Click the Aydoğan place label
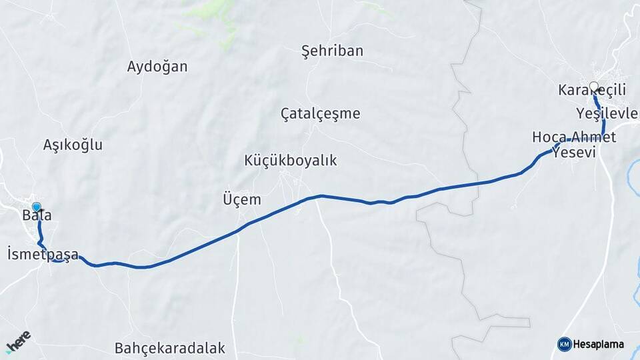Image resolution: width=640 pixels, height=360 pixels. pyautogui.click(x=157, y=67)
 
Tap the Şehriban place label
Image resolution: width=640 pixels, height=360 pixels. pyautogui.click(x=332, y=51)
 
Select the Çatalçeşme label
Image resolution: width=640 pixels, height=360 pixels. pyautogui.click(x=320, y=113)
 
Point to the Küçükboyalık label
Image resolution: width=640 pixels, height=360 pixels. pyautogui.click(x=291, y=161)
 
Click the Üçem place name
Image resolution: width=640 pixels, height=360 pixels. pyautogui.click(x=241, y=199)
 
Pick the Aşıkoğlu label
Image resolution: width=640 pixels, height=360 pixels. pyautogui.click(x=73, y=145)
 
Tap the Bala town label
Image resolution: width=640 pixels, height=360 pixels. pyautogui.click(x=37, y=215)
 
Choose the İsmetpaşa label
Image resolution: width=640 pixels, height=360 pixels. pyautogui.click(x=43, y=254)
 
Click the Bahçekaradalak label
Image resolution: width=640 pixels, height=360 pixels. pyautogui.click(x=170, y=348)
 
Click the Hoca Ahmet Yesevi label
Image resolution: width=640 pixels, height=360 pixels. pyautogui.click(x=574, y=145)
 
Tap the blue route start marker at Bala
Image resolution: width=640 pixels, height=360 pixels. pyautogui.click(x=37, y=207)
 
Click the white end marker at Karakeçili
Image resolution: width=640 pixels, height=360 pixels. pyautogui.click(x=595, y=87)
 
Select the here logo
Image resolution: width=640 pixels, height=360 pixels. pyautogui.click(x=18, y=342)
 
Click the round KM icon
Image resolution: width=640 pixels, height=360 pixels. pyautogui.click(x=565, y=344)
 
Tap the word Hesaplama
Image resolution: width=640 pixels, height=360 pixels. pyautogui.click(x=599, y=344)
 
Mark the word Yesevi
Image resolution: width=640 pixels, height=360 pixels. pyautogui.click(x=573, y=153)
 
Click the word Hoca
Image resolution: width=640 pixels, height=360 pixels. pyautogui.click(x=549, y=137)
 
